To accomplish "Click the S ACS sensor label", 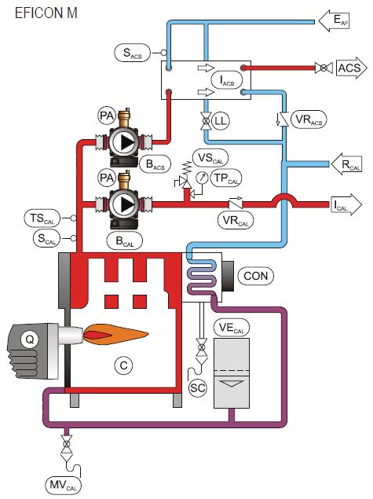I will pos(133,53).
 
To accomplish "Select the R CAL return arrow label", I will pos(346,165).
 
